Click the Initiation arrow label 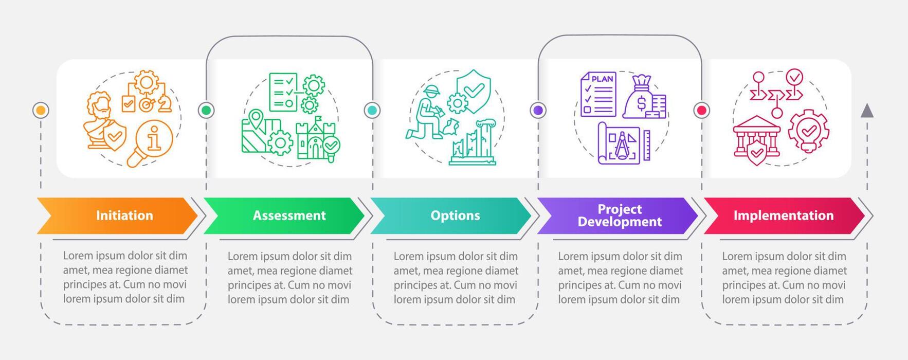pyautogui.click(x=124, y=215)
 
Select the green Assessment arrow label pyautogui.click(x=289, y=215)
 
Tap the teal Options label pyautogui.click(x=455, y=215)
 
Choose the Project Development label pyautogui.click(x=620, y=215)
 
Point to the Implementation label pyautogui.click(x=783, y=215)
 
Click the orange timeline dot pyautogui.click(x=41, y=110)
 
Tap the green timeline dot pyautogui.click(x=206, y=110)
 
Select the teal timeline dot pyautogui.click(x=372, y=110)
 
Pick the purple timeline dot pyautogui.click(x=538, y=110)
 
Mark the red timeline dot pyautogui.click(x=702, y=110)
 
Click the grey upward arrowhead pyautogui.click(x=867, y=110)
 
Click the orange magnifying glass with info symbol pyautogui.click(x=153, y=141)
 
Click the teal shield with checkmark pyautogui.click(x=474, y=90)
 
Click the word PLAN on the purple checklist pyautogui.click(x=602, y=79)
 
